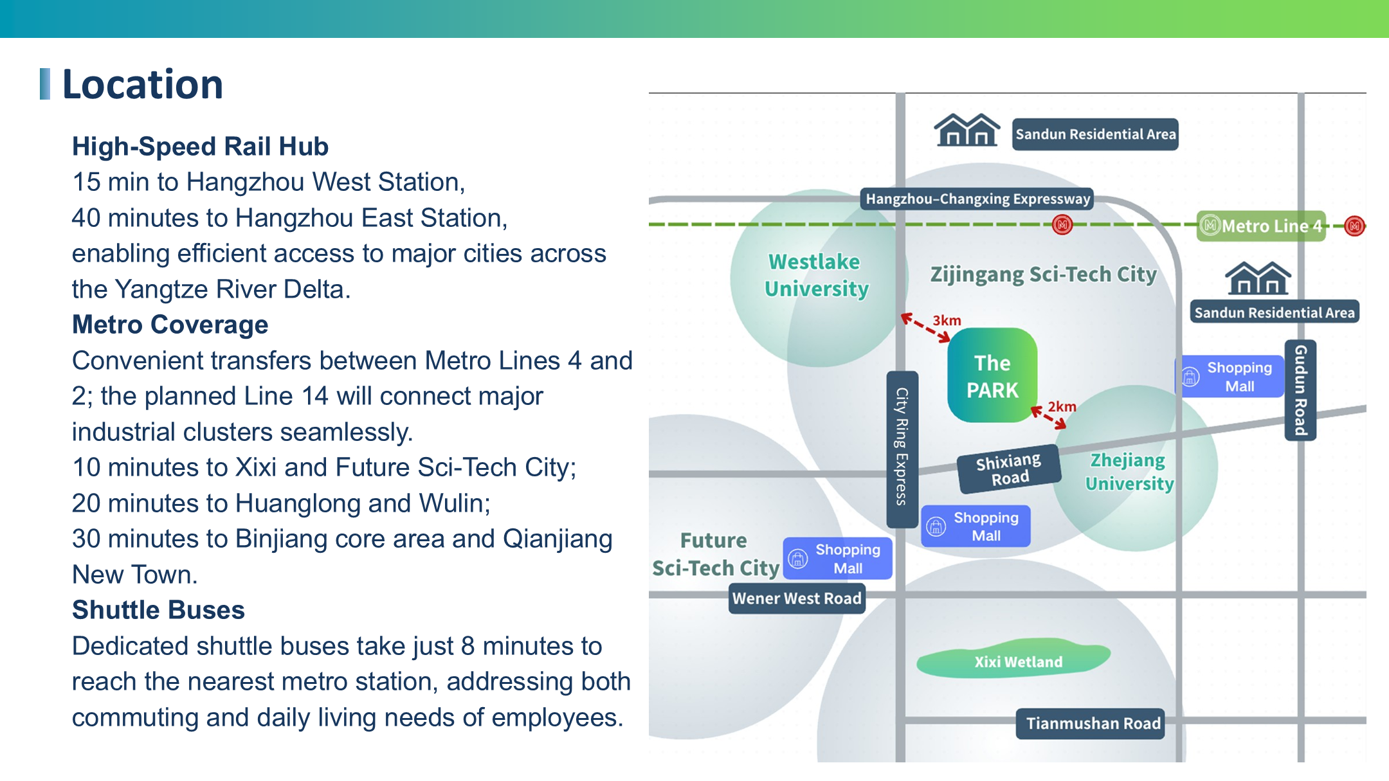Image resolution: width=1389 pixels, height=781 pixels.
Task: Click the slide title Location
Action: (x=142, y=84)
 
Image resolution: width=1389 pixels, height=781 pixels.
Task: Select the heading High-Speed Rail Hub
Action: (x=200, y=147)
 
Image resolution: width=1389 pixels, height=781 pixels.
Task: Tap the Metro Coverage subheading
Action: (x=170, y=325)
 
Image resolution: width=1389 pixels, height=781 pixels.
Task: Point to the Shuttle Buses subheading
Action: (x=158, y=610)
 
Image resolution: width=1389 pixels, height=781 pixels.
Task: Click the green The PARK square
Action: (x=992, y=375)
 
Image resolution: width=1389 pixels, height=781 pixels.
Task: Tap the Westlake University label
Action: (x=816, y=275)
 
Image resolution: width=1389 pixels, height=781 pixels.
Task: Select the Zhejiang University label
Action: (x=1129, y=472)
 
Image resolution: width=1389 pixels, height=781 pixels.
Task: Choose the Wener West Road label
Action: (x=797, y=598)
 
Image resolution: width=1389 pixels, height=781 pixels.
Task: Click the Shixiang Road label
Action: (x=1008, y=469)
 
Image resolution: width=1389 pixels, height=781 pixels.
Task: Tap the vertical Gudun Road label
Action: (x=1300, y=390)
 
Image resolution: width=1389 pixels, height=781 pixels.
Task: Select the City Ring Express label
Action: (x=902, y=449)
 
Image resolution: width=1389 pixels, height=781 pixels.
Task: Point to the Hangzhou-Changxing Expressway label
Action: (x=977, y=199)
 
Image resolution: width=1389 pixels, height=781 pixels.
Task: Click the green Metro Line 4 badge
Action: (x=1262, y=226)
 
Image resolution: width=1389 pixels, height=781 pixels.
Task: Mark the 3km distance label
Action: (x=947, y=320)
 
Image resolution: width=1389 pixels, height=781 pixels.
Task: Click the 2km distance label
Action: (x=1062, y=407)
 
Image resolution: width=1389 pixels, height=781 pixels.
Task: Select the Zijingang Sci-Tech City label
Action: (x=1043, y=274)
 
